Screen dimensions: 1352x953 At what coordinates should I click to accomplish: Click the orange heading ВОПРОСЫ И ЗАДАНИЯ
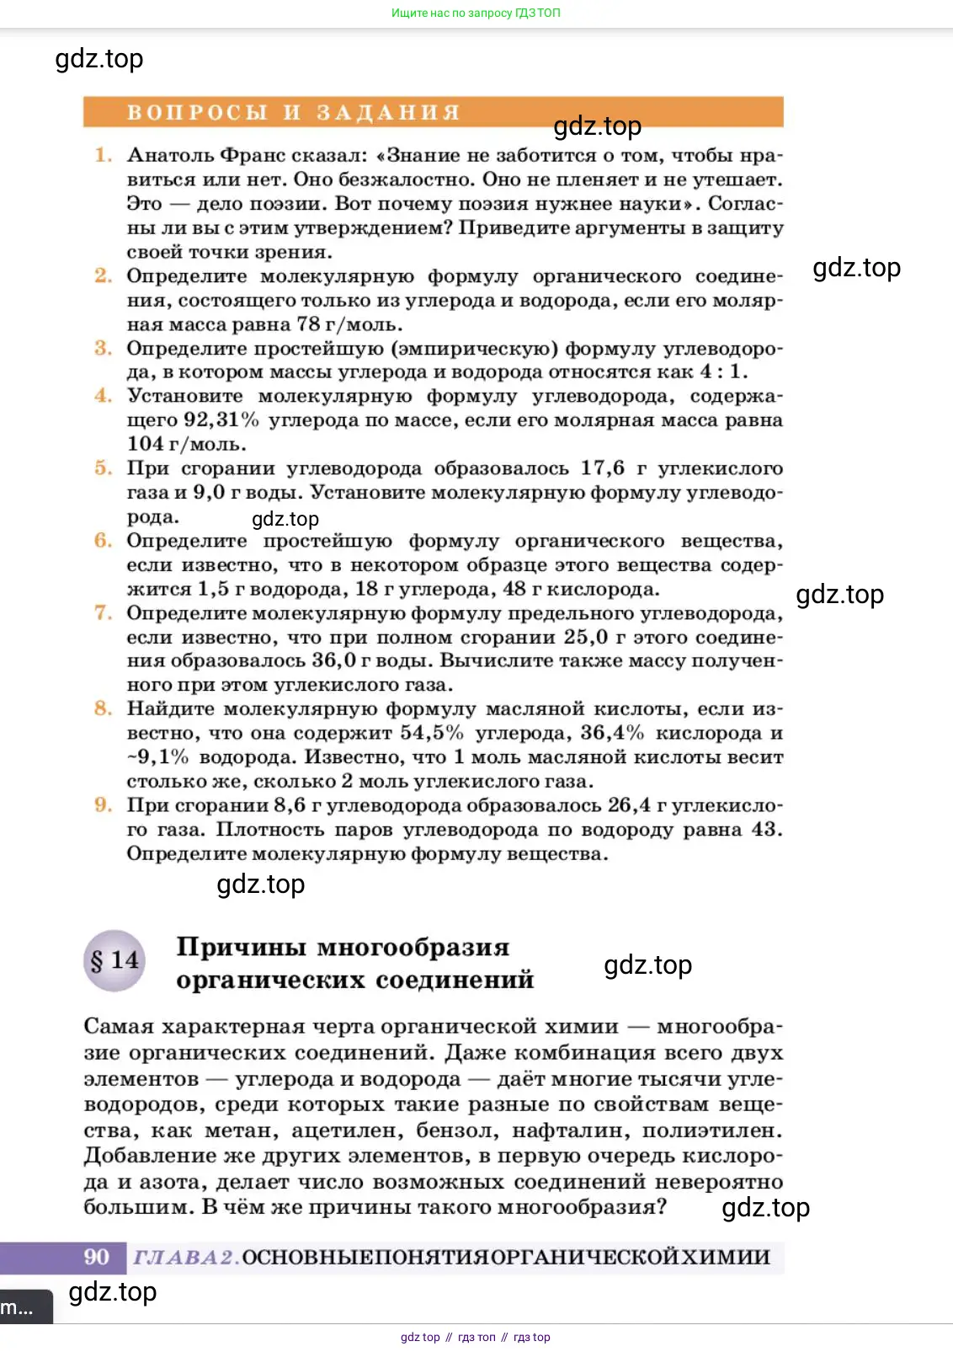coord(293,113)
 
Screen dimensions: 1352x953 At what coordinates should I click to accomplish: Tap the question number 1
coord(103,155)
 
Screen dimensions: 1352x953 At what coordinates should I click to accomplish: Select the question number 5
coord(103,468)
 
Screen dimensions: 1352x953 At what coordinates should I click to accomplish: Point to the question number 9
coord(103,805)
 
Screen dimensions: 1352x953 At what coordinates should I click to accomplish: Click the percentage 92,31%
coord(221,419)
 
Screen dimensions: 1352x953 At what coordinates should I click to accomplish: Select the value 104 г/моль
coord(186,444)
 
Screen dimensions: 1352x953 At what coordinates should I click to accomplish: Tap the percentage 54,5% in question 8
coord(431,733)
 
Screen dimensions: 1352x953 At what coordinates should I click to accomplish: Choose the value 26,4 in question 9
coord(629,805)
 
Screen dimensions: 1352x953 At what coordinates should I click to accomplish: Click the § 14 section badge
coord(114,961)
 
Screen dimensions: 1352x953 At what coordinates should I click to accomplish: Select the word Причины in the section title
coord(241,948)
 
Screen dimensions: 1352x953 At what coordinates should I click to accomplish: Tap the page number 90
coord(97,1257)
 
